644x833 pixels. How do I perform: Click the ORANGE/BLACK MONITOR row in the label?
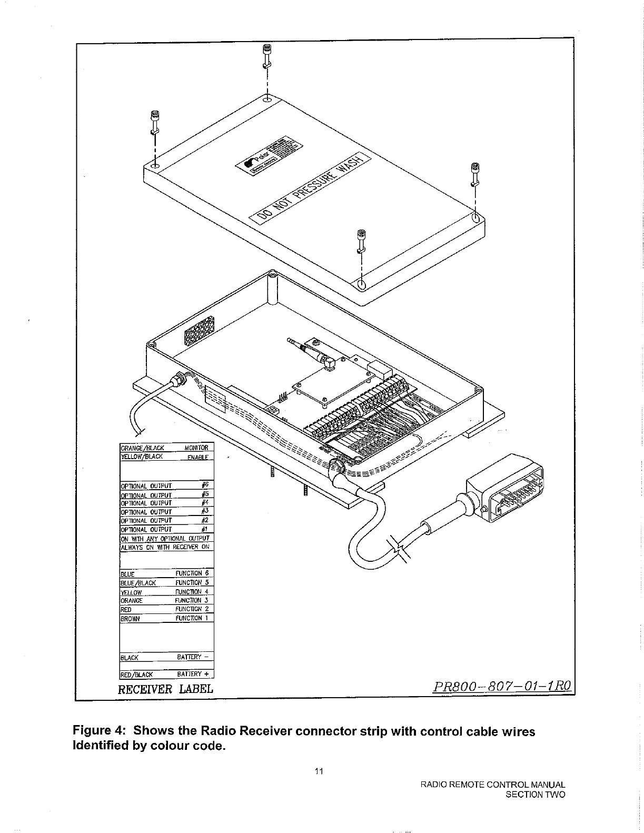tap(166, 448)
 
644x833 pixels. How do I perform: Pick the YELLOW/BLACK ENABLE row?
tap(166, 457)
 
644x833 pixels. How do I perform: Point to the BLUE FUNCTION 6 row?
tap(166, 573)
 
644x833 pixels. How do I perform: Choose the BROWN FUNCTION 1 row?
tap(166, 618)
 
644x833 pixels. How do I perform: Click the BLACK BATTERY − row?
tap(166, 657)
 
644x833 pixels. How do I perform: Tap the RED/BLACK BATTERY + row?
tap(166, 674)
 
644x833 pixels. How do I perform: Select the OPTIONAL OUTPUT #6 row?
tap(166, 485)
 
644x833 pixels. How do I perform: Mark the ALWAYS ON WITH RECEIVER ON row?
tap(166, 547)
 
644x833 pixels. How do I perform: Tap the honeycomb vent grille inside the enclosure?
tap(200, 332)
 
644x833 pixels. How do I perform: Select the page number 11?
tap(318, 772)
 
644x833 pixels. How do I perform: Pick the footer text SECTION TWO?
tap(535, 795)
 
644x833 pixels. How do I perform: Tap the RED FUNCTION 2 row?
tap(166, 609)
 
